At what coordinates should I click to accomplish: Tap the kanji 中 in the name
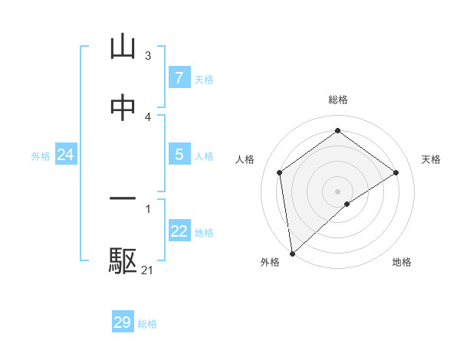[x=123, y=109]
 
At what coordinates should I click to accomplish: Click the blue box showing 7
[x=179, y=77]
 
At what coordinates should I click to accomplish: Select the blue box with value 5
[x=179, y=154]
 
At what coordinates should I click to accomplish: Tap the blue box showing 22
[x=179, y=231]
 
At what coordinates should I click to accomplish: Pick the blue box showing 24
[x=65, y=155]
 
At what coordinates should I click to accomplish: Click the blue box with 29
[x=123, y=322]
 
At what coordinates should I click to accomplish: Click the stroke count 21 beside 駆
[x=147, y=270]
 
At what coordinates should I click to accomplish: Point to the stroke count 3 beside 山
[x=148, y=56]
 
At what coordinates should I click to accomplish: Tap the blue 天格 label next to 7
[x=204, y=79]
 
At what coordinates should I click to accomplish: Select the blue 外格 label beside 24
[x=41, y=155]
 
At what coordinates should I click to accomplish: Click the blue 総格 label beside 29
[x=147, y=324]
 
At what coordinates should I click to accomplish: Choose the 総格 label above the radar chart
[x=338, y=100]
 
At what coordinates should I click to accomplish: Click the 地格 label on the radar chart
[x=402, y=262]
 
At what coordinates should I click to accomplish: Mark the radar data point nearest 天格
[x=396, y=172]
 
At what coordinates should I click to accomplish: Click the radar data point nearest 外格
[x=291, y=254]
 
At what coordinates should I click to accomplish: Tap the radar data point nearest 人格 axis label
[x=280, y=172]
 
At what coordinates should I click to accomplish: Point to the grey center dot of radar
[x=338, y=191]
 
